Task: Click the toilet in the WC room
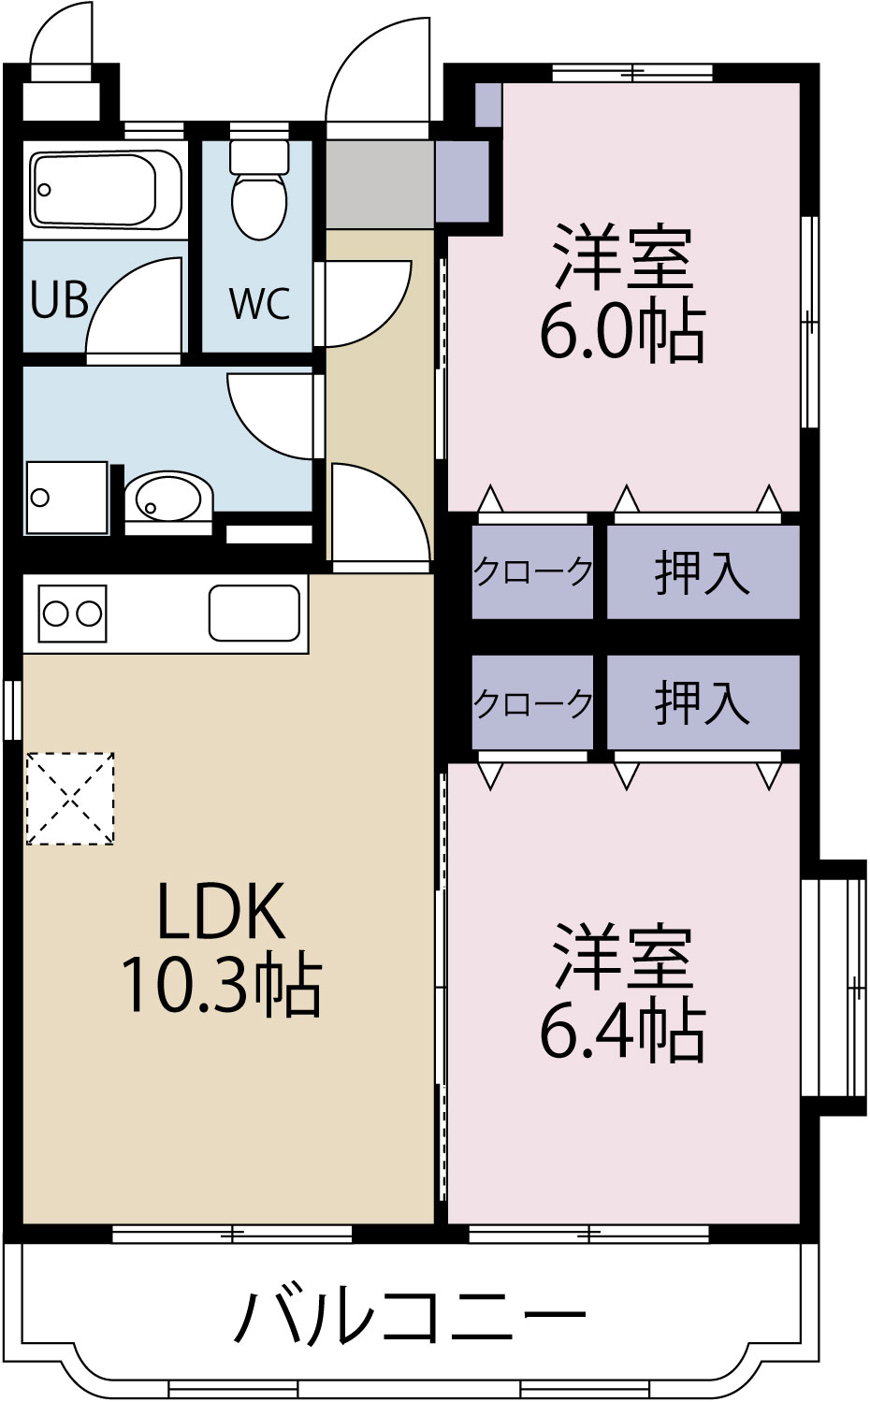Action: (x=259, y=192)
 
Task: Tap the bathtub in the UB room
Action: (x=94, y=190)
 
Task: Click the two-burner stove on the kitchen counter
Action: (x=72, y=614)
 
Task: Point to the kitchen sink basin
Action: (x=254, y=614)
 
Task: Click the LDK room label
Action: (x=221, y=911)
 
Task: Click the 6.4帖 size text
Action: (x=622, y=1031)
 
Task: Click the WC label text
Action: (x=259, y=303)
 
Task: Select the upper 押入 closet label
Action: (x=702, y=572)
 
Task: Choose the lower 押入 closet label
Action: (x=702, y=702)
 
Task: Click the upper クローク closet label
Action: (x=532, y=571)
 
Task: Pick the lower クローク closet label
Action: (x=532, y=702)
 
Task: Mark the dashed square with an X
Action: (x=70, y=799)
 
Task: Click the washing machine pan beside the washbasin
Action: (x=66, y=497)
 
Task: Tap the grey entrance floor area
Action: (x=379, y=184)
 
